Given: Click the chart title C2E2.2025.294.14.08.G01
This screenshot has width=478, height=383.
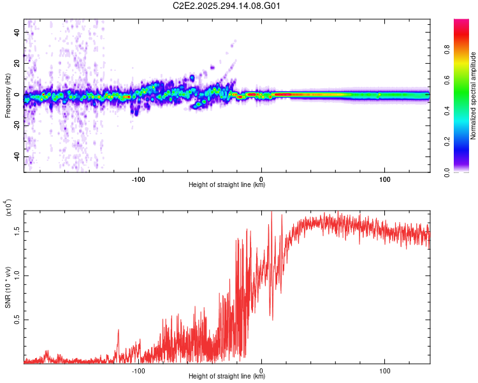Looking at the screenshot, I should (x=228, y=6).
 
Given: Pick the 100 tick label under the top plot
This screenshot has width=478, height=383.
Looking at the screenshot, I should (x=385, y=179).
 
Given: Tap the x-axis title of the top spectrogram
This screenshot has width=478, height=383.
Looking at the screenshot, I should (x=227, y=185).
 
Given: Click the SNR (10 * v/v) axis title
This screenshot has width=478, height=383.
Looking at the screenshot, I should (x=8, y=287).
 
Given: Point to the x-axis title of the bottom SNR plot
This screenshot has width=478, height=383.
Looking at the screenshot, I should (x=227, y=377).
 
